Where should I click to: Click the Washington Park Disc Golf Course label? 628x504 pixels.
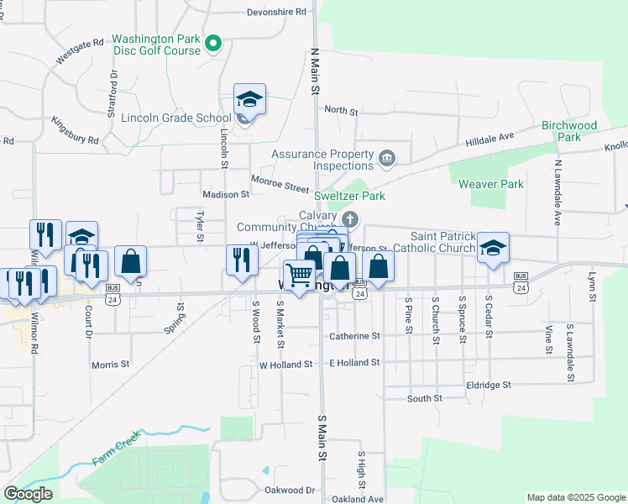[156, 45]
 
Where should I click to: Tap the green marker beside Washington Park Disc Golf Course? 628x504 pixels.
[213, 42]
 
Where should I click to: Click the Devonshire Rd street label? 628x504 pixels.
[276, 13]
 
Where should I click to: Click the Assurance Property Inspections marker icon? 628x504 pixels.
[387, 156]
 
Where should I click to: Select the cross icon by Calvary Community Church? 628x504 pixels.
[352, 221]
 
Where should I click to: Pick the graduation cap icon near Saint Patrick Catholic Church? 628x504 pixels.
[493, 248]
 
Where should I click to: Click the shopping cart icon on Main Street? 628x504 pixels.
[299, 275]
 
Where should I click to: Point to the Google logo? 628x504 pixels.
[27, 494]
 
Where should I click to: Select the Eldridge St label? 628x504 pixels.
[488, 384]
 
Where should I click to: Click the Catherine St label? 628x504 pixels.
[354, 336]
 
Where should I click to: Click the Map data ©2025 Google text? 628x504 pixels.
[575, 497]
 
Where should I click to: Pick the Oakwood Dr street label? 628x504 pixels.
[289, 490]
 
